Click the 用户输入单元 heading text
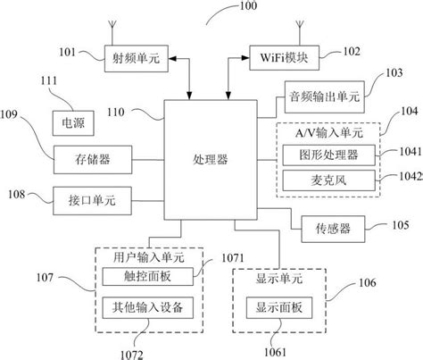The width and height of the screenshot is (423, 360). (146, 255)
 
